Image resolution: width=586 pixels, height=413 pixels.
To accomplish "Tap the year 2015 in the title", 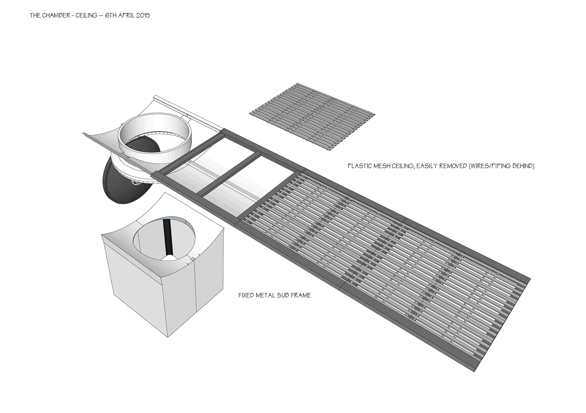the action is point(143,16).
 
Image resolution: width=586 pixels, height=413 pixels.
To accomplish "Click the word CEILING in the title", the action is point(86,16).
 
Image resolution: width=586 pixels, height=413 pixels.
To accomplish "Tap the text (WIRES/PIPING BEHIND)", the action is point(501,166).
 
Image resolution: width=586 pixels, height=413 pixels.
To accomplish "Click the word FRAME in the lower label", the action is point(301,295).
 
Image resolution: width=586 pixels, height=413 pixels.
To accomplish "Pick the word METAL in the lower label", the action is point(265,295).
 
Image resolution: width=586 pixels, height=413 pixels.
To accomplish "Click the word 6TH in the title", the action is point(111,16).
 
